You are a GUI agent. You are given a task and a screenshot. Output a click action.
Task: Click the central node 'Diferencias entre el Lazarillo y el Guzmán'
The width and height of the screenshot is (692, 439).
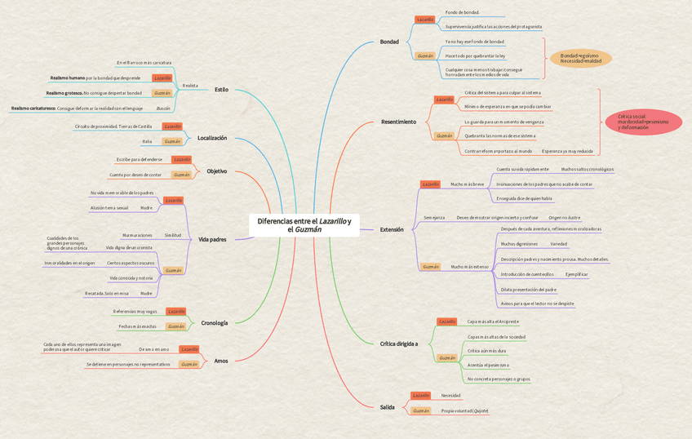[x=304, y=225]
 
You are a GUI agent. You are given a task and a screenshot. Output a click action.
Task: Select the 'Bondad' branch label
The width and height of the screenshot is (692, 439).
[x=389, y=42]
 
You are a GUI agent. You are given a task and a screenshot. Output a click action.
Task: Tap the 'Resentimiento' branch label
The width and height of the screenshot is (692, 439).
[x=398, y=122]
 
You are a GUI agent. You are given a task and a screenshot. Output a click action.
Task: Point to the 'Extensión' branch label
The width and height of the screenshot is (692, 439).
[x=392, y=230]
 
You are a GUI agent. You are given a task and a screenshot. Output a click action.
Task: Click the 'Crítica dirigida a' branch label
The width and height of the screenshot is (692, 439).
[x=399, y=344]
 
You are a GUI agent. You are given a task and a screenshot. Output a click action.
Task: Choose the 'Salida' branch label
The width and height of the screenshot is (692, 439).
[x=387, y=406]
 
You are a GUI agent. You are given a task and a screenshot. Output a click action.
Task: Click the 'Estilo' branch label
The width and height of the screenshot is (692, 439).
[x=221, y=90]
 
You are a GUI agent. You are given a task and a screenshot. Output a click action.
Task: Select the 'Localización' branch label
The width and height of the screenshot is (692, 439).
[x=212, y=138]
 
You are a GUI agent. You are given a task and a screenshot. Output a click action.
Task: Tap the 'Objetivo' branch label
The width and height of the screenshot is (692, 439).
[x=217, y=171]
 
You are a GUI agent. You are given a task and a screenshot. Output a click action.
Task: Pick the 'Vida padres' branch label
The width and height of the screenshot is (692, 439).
[x=212, y=239]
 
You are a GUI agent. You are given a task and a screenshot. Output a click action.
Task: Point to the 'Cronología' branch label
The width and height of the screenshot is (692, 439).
[x=215, y=323]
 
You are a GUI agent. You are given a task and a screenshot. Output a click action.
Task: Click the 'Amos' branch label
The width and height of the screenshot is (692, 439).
[x=221, y=361]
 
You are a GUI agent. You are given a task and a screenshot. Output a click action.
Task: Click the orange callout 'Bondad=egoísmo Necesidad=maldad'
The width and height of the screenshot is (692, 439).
[x=580, y=58]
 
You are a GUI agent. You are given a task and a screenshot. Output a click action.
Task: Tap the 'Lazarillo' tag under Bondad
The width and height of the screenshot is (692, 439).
[x=425, y=20]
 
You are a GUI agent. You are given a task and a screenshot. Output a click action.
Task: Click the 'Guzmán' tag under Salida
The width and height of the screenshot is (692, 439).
[x=421, y=410]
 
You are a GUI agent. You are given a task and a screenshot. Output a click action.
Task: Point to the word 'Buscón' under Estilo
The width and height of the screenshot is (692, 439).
[x=163, y=108]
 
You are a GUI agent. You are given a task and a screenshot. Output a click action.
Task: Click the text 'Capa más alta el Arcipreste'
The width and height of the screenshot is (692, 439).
[x=493, y=321]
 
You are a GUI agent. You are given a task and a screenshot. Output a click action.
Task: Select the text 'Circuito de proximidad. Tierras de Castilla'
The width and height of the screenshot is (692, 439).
[x=113, y=126]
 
